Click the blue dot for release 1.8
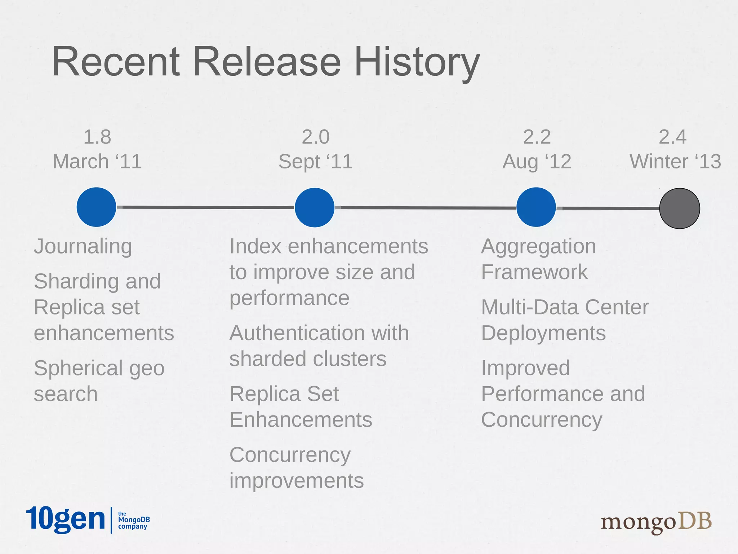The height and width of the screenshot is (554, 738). (96, 207)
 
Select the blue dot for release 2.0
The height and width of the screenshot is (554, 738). (315, 207)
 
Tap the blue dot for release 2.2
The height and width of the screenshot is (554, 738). (536, 207)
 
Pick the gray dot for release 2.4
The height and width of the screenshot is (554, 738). (680, 208)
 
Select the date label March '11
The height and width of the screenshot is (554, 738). (97, 161)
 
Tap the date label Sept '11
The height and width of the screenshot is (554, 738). (315, 161)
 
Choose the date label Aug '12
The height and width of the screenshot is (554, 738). (537, 161)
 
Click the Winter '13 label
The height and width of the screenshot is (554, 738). (675, 161)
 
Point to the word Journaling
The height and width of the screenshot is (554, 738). (83, 247)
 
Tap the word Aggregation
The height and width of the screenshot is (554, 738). (538, 247)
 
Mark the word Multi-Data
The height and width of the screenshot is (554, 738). (530, 307)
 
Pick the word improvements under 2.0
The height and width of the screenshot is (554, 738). (297, 481)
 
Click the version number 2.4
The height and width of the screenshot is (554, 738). (672, 137)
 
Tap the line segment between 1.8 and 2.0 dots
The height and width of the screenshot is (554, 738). (205, 207)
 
